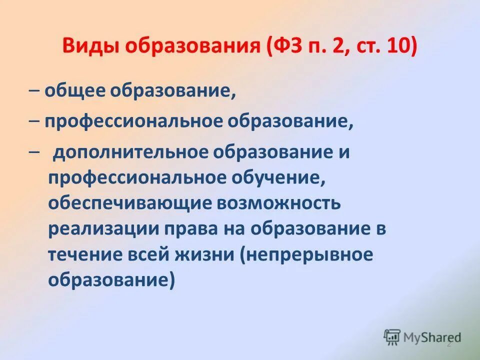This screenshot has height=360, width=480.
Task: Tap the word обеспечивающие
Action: [120, 203]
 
